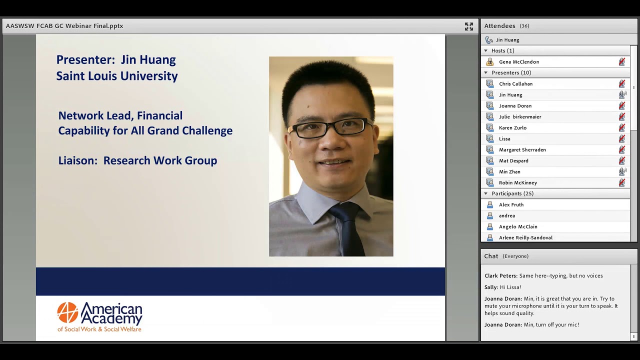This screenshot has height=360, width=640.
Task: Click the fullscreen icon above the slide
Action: coord(469,26)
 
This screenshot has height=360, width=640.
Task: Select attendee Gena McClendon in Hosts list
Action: coord(518,62)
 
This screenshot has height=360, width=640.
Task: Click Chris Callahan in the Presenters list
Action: coord(515,84)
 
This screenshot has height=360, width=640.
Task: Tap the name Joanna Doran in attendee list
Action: coord(515,106)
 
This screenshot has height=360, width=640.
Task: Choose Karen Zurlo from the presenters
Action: coord(512,128)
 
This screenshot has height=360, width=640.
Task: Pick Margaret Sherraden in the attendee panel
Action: coord(522,150)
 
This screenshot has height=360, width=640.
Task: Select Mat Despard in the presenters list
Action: coord(513,161)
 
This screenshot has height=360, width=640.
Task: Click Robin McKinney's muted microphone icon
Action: coord(622,182)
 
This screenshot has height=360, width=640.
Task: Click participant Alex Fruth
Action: coord(511,205)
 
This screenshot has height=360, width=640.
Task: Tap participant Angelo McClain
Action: coord(518,227)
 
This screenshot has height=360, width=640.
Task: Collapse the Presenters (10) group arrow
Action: coord(485,73)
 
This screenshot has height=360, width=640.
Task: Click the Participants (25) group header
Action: coord(512,193)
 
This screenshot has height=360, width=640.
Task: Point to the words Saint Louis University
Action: coord(117,76)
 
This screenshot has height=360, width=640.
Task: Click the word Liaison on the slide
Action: coord(77,160)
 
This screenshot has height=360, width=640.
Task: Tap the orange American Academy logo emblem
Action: coord(67,312)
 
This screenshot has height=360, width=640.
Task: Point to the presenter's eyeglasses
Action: coord(329,128)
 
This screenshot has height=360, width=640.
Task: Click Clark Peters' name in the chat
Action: coord(500,276)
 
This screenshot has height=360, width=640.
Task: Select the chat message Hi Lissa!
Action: coord(510,287)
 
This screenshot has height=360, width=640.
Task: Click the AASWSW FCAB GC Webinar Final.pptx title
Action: coord(64,26)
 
